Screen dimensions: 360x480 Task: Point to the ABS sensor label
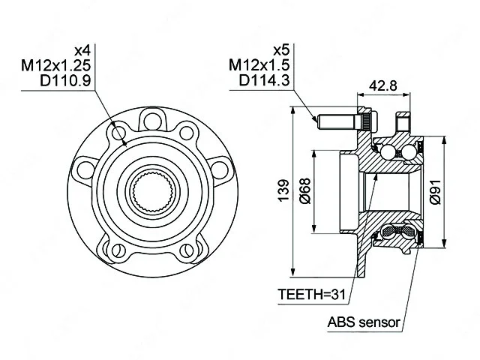click(363, 323)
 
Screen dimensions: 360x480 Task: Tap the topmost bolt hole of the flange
click(154, 119)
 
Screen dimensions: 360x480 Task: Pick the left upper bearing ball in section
click(389, 152)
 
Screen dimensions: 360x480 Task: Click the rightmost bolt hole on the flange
click(222, 167)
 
